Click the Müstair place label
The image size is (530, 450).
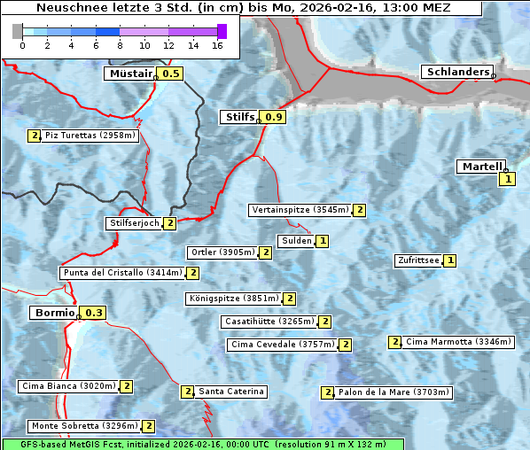coord(130,74)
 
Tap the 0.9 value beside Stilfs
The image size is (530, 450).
coord(274,117)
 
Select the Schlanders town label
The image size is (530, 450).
coord(457,72)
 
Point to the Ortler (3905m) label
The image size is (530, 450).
coord(222,252)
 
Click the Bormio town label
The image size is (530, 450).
coord(54,313)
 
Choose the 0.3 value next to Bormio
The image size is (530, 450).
coord(94,313)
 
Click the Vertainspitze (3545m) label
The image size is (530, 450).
coord(300,210)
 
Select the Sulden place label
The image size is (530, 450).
coord(296,241)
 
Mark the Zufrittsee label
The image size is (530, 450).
coord(417,260)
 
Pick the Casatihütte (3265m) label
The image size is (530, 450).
coord(269,321)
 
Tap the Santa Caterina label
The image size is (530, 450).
coord(230,392)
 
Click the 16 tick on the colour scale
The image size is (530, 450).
coord(216,45)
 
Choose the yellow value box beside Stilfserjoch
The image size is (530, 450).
coord(169,223)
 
